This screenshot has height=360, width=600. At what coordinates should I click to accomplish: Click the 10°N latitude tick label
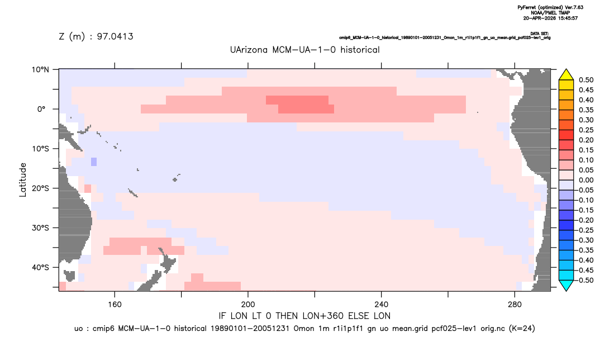click(x=41, y=70)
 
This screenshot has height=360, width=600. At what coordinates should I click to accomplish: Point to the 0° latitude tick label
click(x=41, y=109)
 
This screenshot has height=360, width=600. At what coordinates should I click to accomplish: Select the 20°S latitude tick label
click(x=41, y=188)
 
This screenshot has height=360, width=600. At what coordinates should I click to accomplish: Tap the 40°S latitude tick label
click(x=41, y=267)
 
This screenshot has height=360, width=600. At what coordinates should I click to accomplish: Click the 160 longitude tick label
click(x=115, y=305)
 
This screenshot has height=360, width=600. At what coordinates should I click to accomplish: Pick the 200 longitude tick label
click(x=248, y=305)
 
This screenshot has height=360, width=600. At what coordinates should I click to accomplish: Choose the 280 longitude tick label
click(x=515, y=305)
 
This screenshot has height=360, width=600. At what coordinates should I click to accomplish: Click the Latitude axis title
click(x=23, y=180)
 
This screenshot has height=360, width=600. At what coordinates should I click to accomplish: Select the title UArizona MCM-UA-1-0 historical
click(x=305, y=50)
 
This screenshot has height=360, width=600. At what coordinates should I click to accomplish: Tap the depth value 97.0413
click(x=115, y=36)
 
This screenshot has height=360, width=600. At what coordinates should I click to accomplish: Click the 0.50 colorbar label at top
click(x=586, y=80)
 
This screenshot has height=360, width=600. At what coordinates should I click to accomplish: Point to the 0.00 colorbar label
click(x=586, y=180)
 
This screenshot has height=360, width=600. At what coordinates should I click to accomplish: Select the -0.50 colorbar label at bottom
click(x=585, y=280)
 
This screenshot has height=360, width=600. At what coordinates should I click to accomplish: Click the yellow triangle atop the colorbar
click(x=566, y=75)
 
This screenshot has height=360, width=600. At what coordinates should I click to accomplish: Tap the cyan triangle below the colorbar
click(x=566, y=285)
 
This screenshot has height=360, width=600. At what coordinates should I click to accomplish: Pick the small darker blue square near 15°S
click(x=94, y=162)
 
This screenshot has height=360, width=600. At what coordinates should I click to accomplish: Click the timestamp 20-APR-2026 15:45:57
click(x=550, y=18)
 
